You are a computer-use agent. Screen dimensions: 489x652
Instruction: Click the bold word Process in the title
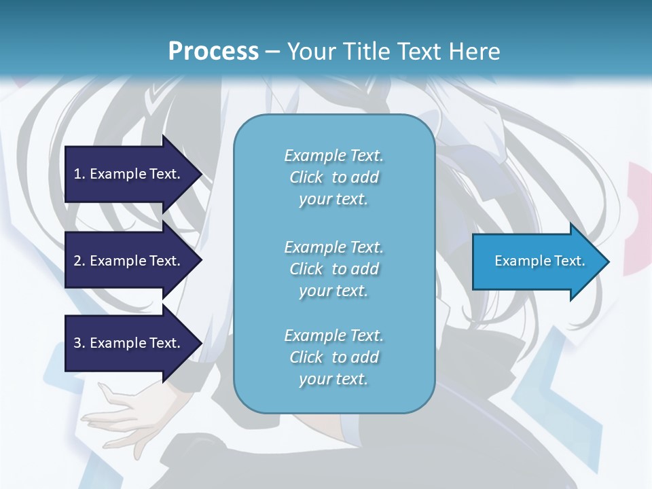click(213, 52)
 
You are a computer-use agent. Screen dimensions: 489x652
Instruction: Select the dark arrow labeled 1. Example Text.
click(128, 174)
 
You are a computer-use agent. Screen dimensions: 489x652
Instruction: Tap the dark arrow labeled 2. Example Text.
click(128, 261)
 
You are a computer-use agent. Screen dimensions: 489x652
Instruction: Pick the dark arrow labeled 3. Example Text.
click(128, 343)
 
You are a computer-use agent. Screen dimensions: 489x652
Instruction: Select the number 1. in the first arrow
click(79, 174)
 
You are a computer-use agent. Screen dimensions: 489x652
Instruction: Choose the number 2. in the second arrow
click(79, 261)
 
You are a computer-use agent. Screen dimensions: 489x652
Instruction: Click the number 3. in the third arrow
click(79, 343)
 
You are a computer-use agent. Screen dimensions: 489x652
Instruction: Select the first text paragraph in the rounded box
click(333, 177)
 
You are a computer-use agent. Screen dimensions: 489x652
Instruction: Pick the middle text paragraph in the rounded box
click(333, 268)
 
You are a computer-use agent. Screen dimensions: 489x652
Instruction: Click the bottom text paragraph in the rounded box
click(333, 357)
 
